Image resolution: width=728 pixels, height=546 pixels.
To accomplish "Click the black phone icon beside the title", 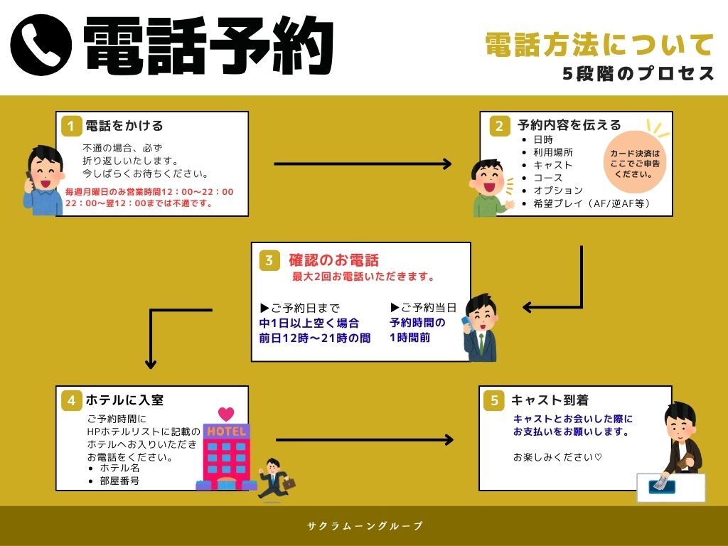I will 41,44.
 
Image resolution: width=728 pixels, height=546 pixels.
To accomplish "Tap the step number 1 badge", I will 70,126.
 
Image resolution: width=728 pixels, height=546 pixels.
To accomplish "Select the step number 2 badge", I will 499,126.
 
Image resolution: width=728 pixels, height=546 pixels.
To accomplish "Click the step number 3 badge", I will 269,260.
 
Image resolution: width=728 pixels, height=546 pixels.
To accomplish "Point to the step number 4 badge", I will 70,400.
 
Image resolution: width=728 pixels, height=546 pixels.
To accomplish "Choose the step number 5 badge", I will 494,400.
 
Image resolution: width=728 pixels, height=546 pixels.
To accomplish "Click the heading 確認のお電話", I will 333,259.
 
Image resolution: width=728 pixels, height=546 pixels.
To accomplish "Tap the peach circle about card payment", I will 636,163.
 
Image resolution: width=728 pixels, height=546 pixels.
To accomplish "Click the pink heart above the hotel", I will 226,414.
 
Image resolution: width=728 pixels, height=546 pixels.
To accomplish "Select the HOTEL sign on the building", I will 226,432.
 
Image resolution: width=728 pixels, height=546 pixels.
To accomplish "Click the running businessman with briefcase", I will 274,478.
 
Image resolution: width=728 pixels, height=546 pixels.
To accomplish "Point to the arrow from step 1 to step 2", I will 363,164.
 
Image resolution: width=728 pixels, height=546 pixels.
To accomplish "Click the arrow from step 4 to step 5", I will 364,439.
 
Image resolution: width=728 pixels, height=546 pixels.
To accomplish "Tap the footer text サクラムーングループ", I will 365,526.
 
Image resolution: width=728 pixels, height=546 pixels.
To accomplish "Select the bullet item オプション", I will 558,191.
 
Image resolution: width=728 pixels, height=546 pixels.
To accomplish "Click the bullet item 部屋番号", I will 119,481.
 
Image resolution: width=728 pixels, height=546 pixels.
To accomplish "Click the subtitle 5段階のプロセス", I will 638,74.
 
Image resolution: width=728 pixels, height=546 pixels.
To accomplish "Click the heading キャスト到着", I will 550,400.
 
